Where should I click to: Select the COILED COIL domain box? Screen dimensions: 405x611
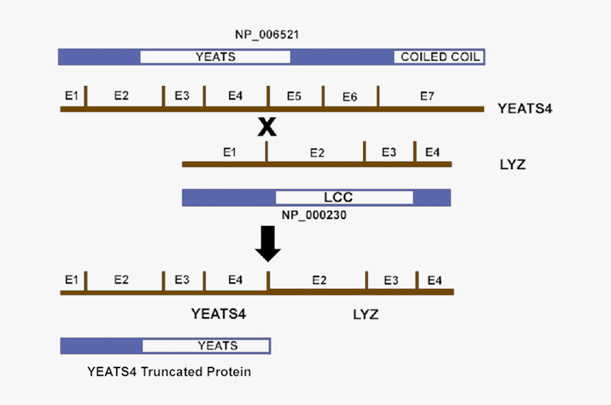(x=439, y=57)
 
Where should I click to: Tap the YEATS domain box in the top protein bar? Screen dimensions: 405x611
(x=215, y=57)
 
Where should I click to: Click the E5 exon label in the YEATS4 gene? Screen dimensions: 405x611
(x=294, y=96)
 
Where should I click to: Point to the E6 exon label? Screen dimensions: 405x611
(x=350, y=97)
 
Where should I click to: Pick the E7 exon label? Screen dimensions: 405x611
(x=426, y=96)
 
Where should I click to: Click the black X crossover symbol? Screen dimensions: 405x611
(x=266, y=127)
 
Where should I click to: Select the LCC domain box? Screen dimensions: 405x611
(x=344, y=198)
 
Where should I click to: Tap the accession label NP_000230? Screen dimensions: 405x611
(x=313, y=215)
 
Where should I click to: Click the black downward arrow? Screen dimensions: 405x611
(x=268, y=243)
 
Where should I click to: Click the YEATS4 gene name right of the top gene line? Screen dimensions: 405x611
(x=525, y=109)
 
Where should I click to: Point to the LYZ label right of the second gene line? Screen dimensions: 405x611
(x=513, y=165)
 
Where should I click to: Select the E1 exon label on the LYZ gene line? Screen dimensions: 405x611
(x=229, y=152)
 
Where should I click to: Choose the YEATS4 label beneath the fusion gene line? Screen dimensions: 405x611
(x=219, y=313)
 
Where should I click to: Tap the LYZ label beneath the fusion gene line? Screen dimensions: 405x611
(x=366, y=313)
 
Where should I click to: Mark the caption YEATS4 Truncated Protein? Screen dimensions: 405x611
(x=169, y=372)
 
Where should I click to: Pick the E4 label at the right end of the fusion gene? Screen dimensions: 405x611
(x=434, y=281)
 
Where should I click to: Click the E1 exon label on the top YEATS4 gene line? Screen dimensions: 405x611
(x=71, y=96)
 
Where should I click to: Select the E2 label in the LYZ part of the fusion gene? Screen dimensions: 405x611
(x=319, y=281)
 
